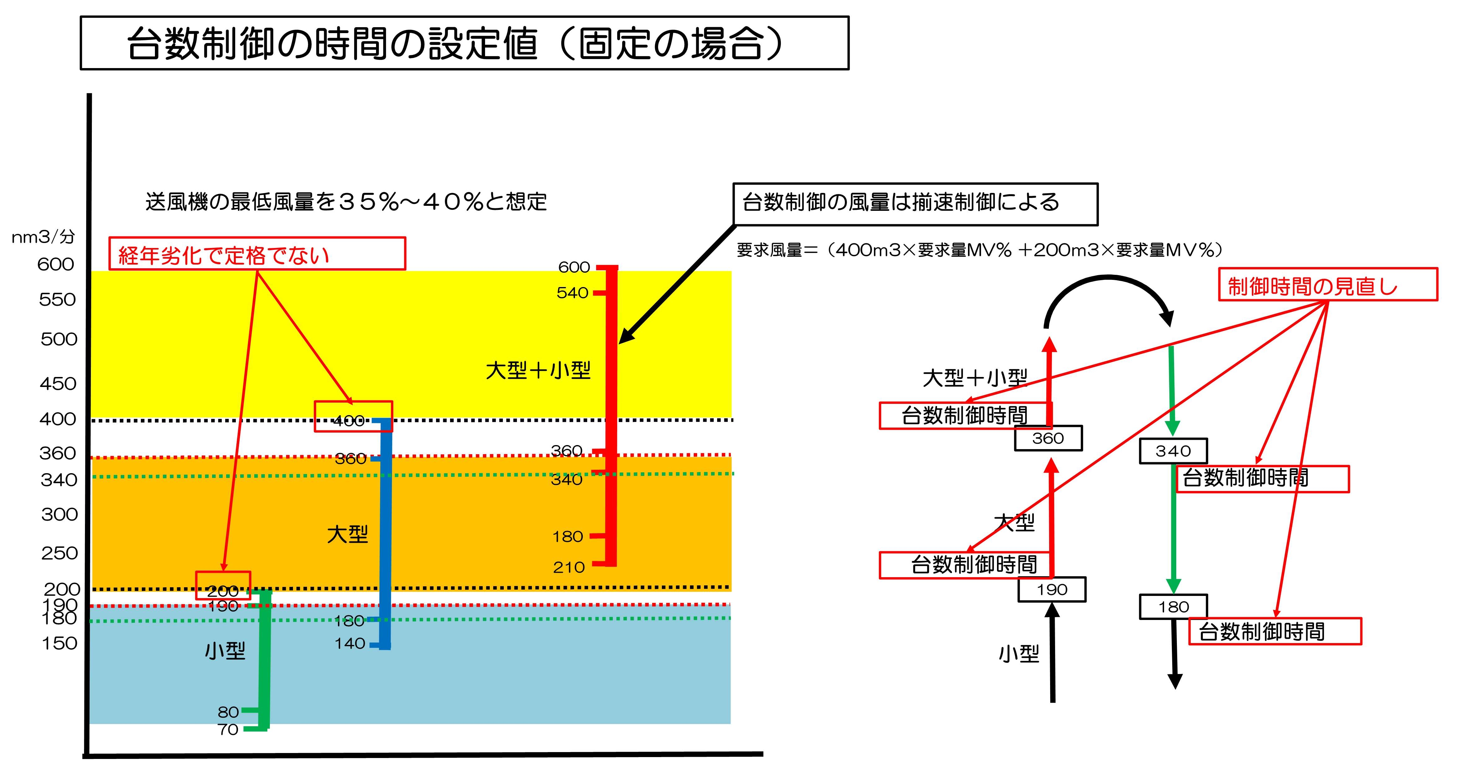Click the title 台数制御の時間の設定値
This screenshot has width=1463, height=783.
pos(454,44)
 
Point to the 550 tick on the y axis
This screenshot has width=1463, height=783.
pos(57,300)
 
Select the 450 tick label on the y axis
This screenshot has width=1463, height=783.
pos(58,384)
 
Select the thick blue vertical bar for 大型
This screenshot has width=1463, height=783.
pos(386,534)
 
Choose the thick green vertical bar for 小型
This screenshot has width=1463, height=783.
pos(265,659)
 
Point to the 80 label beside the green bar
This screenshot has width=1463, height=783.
pos(228,712)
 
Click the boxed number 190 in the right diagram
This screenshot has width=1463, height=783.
pos(1052,589)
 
